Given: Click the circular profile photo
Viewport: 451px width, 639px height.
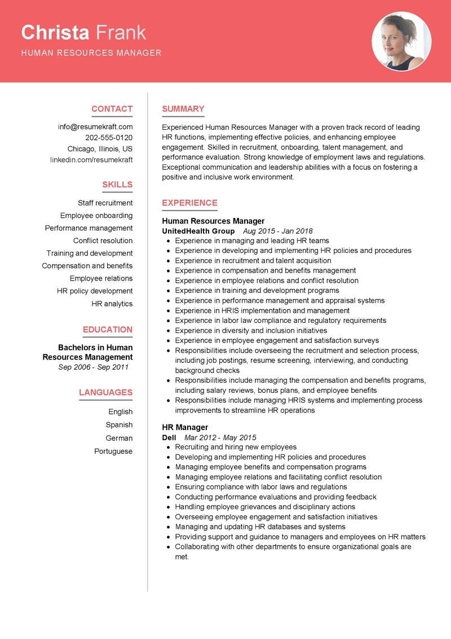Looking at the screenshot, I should (x=401, y=41).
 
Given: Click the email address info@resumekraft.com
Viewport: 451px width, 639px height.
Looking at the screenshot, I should (x=95, y=127).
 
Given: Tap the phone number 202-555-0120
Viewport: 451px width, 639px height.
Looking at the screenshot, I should (x=109, y=138).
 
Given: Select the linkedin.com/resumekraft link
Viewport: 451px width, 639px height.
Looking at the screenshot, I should (x=91, y=160).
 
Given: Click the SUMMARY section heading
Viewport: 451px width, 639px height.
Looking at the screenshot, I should (x=183, y=109).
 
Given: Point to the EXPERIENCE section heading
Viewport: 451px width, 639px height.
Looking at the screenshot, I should (x=189, y=203).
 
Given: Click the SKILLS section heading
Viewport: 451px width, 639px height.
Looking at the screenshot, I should (x=117, y=185).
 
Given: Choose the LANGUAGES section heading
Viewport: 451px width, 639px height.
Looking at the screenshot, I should (x=105, y=392).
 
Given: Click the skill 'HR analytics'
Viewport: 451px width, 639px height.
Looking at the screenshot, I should (x=112, y=304).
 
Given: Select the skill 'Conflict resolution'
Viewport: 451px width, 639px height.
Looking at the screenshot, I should (x=103, y=240).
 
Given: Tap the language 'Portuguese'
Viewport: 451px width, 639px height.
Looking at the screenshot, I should (x=113, y=451).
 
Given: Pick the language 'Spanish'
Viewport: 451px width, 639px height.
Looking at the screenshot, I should (x=119, y=424).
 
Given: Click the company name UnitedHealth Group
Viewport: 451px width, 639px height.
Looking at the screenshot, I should (x=198, y=231).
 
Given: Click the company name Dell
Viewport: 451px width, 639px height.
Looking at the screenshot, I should (x=169, y=437).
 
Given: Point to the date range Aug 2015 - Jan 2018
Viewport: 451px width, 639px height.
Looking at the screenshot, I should (x=277, y=231).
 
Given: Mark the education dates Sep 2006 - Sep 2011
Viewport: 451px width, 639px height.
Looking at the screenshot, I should (x=94, y=367).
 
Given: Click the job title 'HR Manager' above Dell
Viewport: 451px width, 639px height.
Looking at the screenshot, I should (x=185, y=427).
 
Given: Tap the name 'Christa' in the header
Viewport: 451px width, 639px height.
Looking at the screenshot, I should (x=55, y=33).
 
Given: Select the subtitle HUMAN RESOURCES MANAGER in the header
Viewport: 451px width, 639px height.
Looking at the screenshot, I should (x=91, y=53).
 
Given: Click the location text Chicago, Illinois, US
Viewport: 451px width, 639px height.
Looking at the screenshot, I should (x=100, y=149).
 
